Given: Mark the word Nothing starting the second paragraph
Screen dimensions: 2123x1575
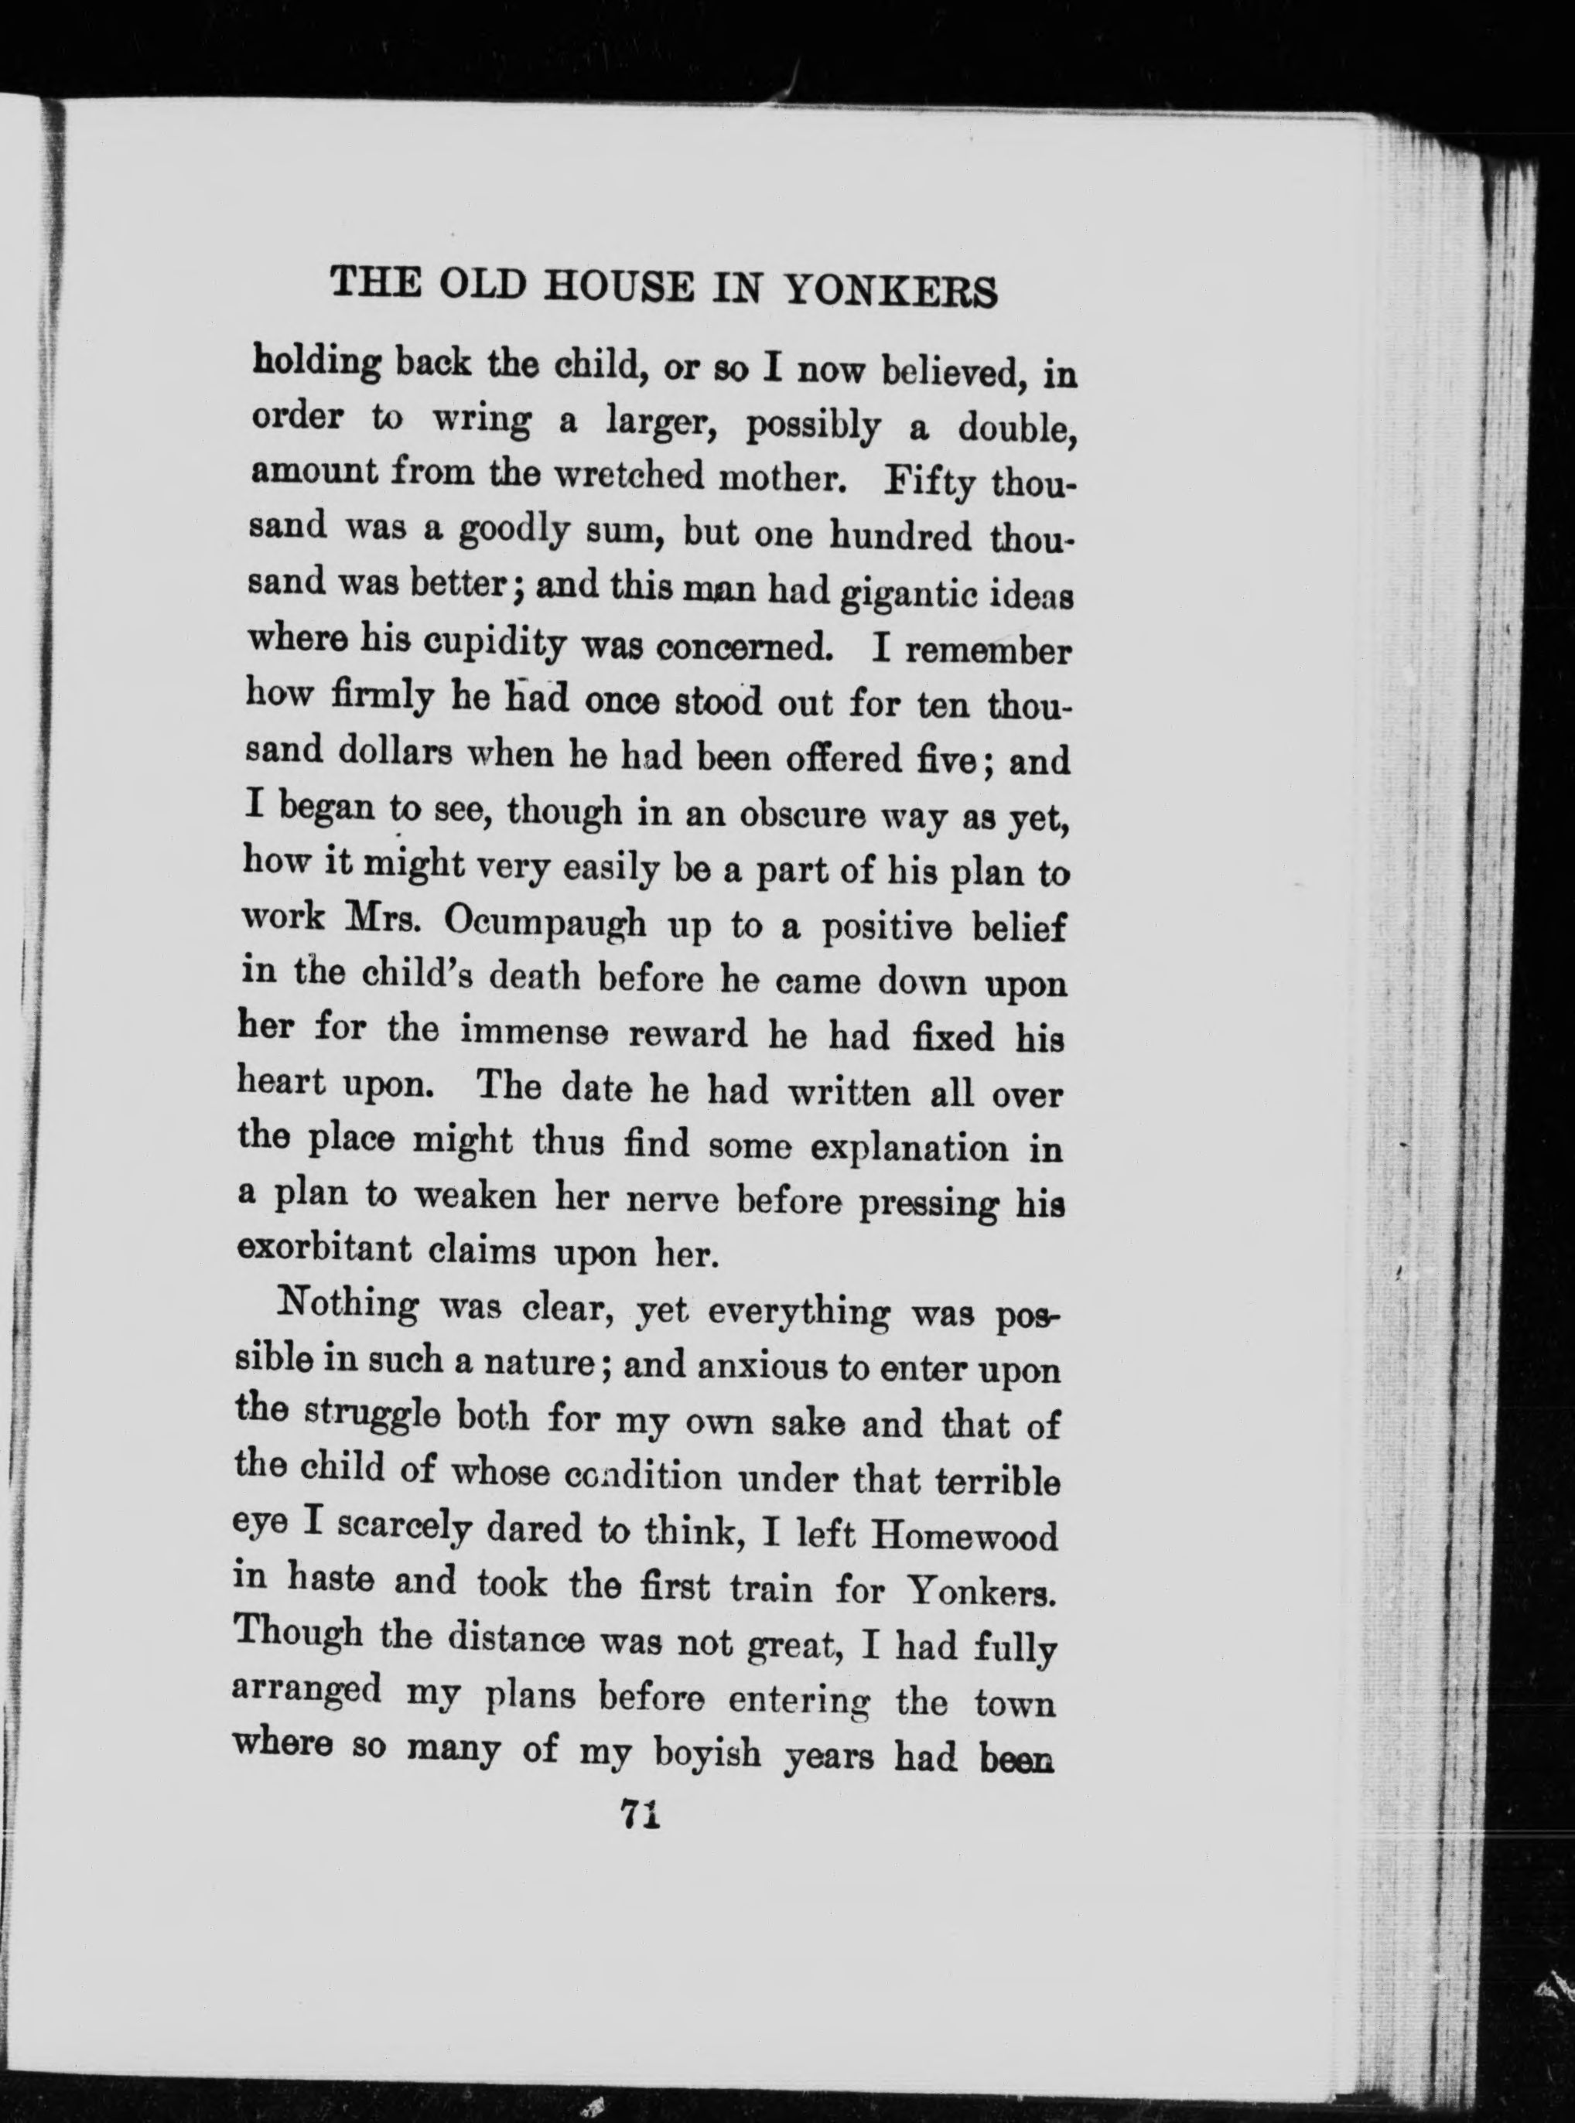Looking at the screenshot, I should [346, 1304].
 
